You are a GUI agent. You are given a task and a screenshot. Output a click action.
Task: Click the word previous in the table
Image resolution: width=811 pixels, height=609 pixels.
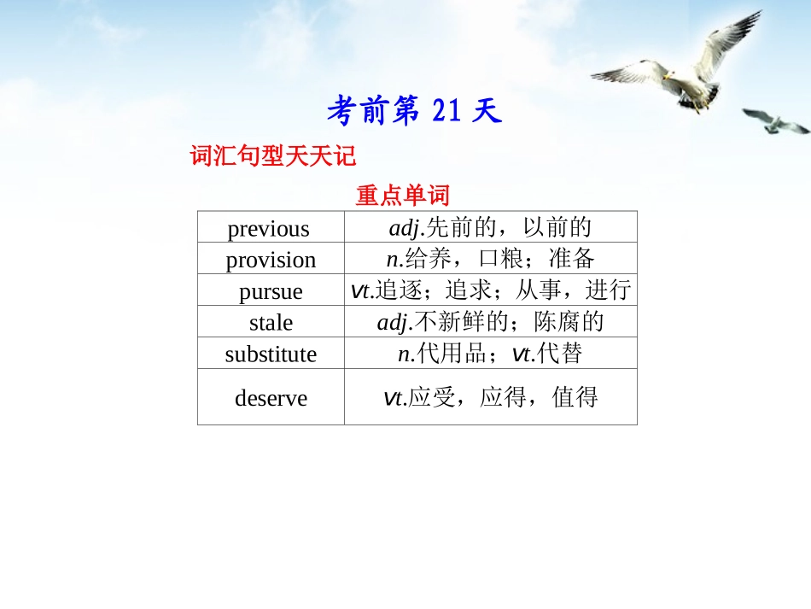269,229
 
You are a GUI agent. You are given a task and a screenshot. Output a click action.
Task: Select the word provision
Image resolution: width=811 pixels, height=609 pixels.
271,260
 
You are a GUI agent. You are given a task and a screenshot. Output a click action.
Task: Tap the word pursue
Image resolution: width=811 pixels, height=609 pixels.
271,291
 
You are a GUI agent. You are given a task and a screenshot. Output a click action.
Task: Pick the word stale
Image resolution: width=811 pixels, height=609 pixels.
271,323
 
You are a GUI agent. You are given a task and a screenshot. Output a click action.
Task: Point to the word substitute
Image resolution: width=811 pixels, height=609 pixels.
271,354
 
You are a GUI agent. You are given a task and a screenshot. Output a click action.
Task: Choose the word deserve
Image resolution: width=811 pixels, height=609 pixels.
271,398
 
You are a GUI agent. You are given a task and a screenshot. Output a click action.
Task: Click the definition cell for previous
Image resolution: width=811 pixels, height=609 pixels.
490,228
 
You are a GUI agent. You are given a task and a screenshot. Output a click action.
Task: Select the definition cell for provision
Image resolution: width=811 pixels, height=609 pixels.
490,259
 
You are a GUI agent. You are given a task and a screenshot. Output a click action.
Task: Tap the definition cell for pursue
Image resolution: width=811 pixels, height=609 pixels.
490,290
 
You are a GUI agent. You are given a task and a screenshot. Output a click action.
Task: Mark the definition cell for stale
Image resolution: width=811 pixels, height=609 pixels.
490,322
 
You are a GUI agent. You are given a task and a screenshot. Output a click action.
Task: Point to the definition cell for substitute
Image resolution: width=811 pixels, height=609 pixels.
490,354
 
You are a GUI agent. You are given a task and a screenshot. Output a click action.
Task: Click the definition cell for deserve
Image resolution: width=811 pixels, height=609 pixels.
490,397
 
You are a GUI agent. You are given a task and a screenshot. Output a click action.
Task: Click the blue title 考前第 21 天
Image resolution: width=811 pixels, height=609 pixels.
414,111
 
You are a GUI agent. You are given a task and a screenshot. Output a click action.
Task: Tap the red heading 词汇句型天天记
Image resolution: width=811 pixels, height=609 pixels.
272,156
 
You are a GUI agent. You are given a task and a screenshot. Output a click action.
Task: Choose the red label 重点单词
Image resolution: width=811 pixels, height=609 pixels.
402,196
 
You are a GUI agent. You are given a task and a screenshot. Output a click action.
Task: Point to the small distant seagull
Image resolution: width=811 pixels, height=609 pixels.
776,121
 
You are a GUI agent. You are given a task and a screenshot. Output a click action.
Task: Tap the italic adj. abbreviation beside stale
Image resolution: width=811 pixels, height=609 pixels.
394,322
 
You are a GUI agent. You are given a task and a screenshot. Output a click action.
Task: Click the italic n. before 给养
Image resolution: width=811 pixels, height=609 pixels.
394,259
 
